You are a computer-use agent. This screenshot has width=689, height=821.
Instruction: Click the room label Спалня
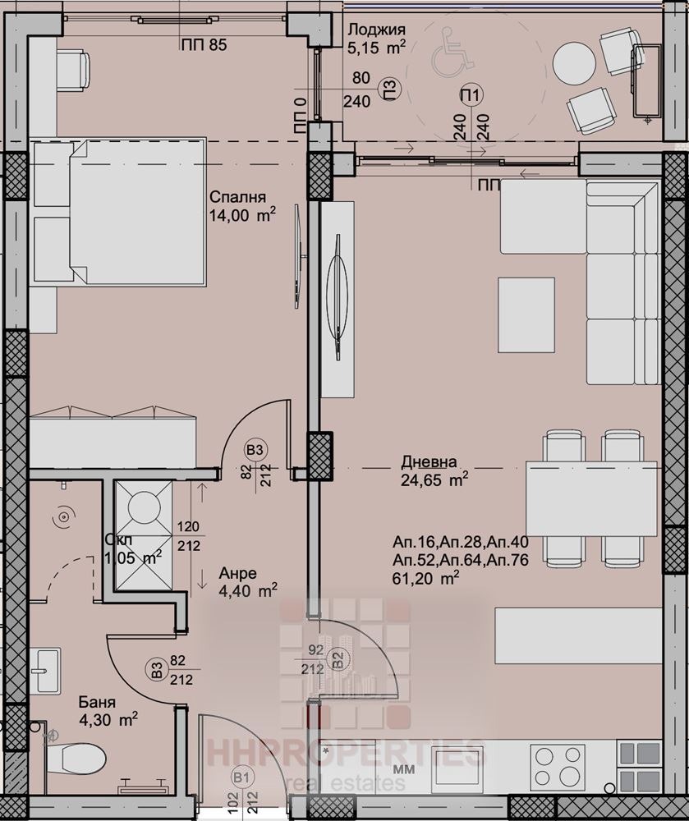tap(237, 197)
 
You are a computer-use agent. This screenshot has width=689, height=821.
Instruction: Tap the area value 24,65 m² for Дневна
tap(434, 478)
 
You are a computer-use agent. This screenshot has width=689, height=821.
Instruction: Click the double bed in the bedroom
tap(119, 213)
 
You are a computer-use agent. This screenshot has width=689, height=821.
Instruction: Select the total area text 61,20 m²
tap(425, 578)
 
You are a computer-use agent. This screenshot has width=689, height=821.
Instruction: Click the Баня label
tap(97, 703)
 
